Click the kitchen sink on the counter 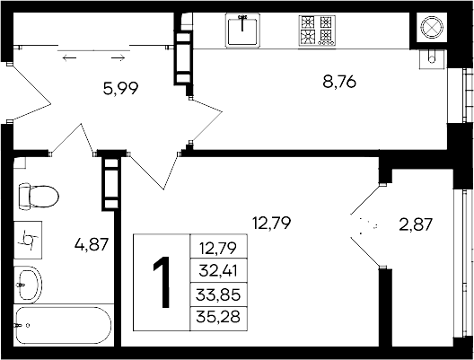tap(242, 31)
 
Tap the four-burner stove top tap(317, 31)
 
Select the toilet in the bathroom tap(38, 197)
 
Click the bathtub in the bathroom tap(64, 325)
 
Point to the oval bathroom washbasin tap(29, 285)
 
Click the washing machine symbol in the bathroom tap(28, 240)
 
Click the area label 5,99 tap(120, 89)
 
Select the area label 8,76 tap(339, 82)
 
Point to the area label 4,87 tap(92, 244)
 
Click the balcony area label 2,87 tap(416, 224)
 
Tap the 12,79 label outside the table tap(271, 223)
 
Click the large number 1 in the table tap(162, 282)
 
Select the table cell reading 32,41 tap(218, 271)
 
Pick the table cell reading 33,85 tap(218, 294)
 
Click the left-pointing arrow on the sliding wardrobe tap(69, 57)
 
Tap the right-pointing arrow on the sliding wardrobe tap(118, 57)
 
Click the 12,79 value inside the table tap(218, 248)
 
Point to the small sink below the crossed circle tap(433, 59)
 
